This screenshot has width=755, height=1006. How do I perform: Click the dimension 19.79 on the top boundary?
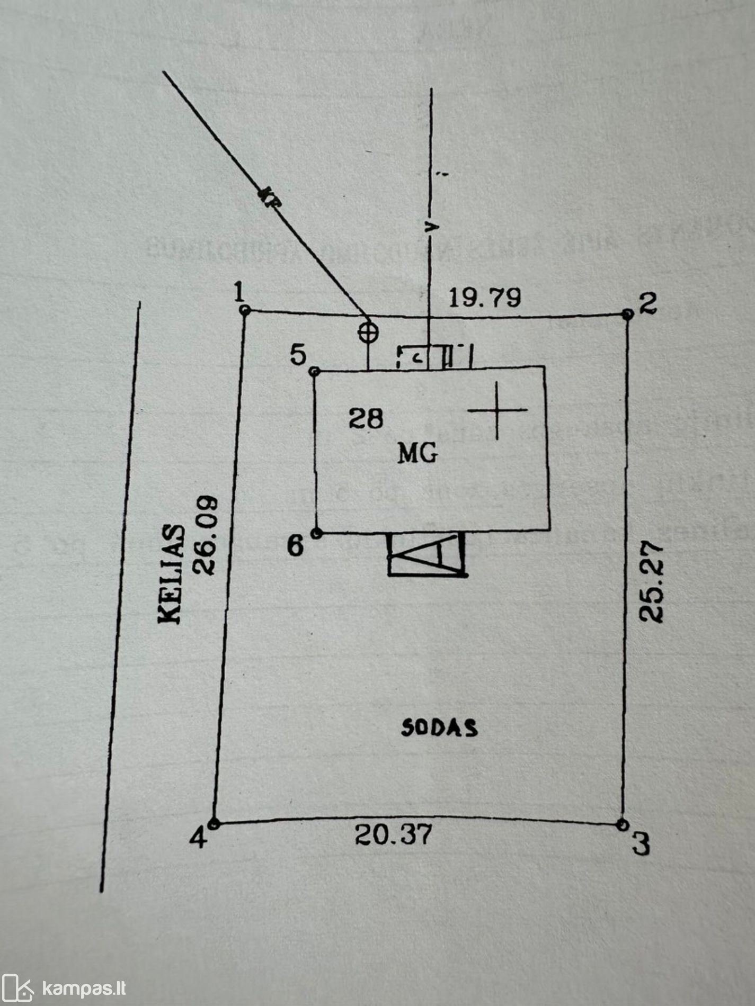click(484, 298)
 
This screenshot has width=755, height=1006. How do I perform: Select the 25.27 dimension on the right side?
click(651, 581)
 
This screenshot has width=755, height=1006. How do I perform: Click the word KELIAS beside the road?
click(171, 574)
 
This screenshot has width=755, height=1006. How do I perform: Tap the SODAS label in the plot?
click(439, 728)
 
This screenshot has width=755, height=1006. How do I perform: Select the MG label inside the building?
click(418, 454)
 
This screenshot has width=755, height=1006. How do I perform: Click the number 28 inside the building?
click(366, 419)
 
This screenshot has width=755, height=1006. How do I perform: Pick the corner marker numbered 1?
click(245, 310)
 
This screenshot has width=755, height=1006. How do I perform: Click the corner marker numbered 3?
click(623, 824)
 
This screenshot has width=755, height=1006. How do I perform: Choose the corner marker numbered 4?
click(214, 824)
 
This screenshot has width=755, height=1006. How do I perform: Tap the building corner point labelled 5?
click(314, 371)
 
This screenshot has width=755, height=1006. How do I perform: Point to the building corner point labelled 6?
click(316, 533)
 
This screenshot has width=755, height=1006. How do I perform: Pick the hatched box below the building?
click(427, 554)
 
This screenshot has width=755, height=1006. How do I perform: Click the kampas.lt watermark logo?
click(64, 988)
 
